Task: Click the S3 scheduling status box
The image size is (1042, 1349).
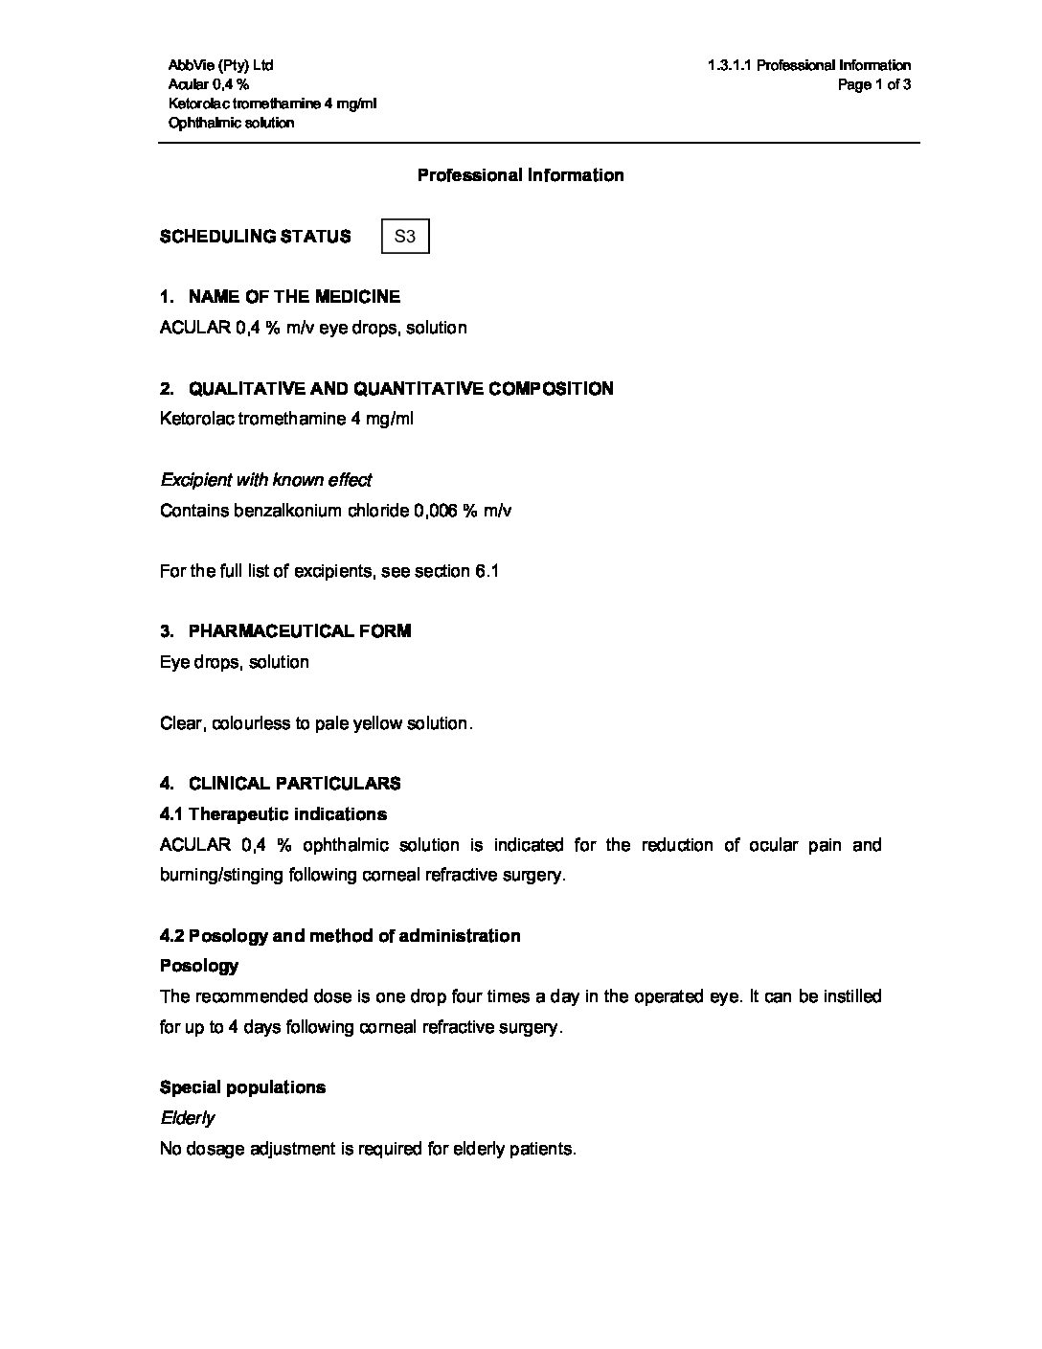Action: (x=405, y=236)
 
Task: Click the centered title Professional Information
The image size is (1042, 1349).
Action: (x=520, y=175)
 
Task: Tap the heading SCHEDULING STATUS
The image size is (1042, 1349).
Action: (x=255, y=237)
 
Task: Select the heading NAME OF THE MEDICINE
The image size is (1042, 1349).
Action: (x=294, y=297)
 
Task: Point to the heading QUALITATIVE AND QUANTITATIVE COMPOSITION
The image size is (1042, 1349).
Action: (x=400, y=389)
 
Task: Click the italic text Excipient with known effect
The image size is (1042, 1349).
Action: (x=265, y=480)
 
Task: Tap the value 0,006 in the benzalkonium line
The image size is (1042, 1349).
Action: (x=436, y=511)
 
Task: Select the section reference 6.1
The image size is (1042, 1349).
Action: (x=487, y=571)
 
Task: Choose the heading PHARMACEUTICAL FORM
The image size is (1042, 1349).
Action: (x=300, y=631)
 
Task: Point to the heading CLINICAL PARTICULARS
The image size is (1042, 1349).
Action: (x=294, y=784)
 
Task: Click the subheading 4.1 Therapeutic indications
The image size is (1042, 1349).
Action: (x=273, y=814)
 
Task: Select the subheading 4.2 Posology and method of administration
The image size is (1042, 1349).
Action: (x=340, y=936)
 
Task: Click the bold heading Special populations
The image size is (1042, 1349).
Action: (x=242, y=1087)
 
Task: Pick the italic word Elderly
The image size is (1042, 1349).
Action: (x=187, y=1118)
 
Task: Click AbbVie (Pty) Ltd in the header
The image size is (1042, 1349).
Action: (x=220, y=65)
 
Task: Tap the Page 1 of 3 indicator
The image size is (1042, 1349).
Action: (x=873, y=84)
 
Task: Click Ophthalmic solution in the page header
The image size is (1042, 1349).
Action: (x=231, y=123)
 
